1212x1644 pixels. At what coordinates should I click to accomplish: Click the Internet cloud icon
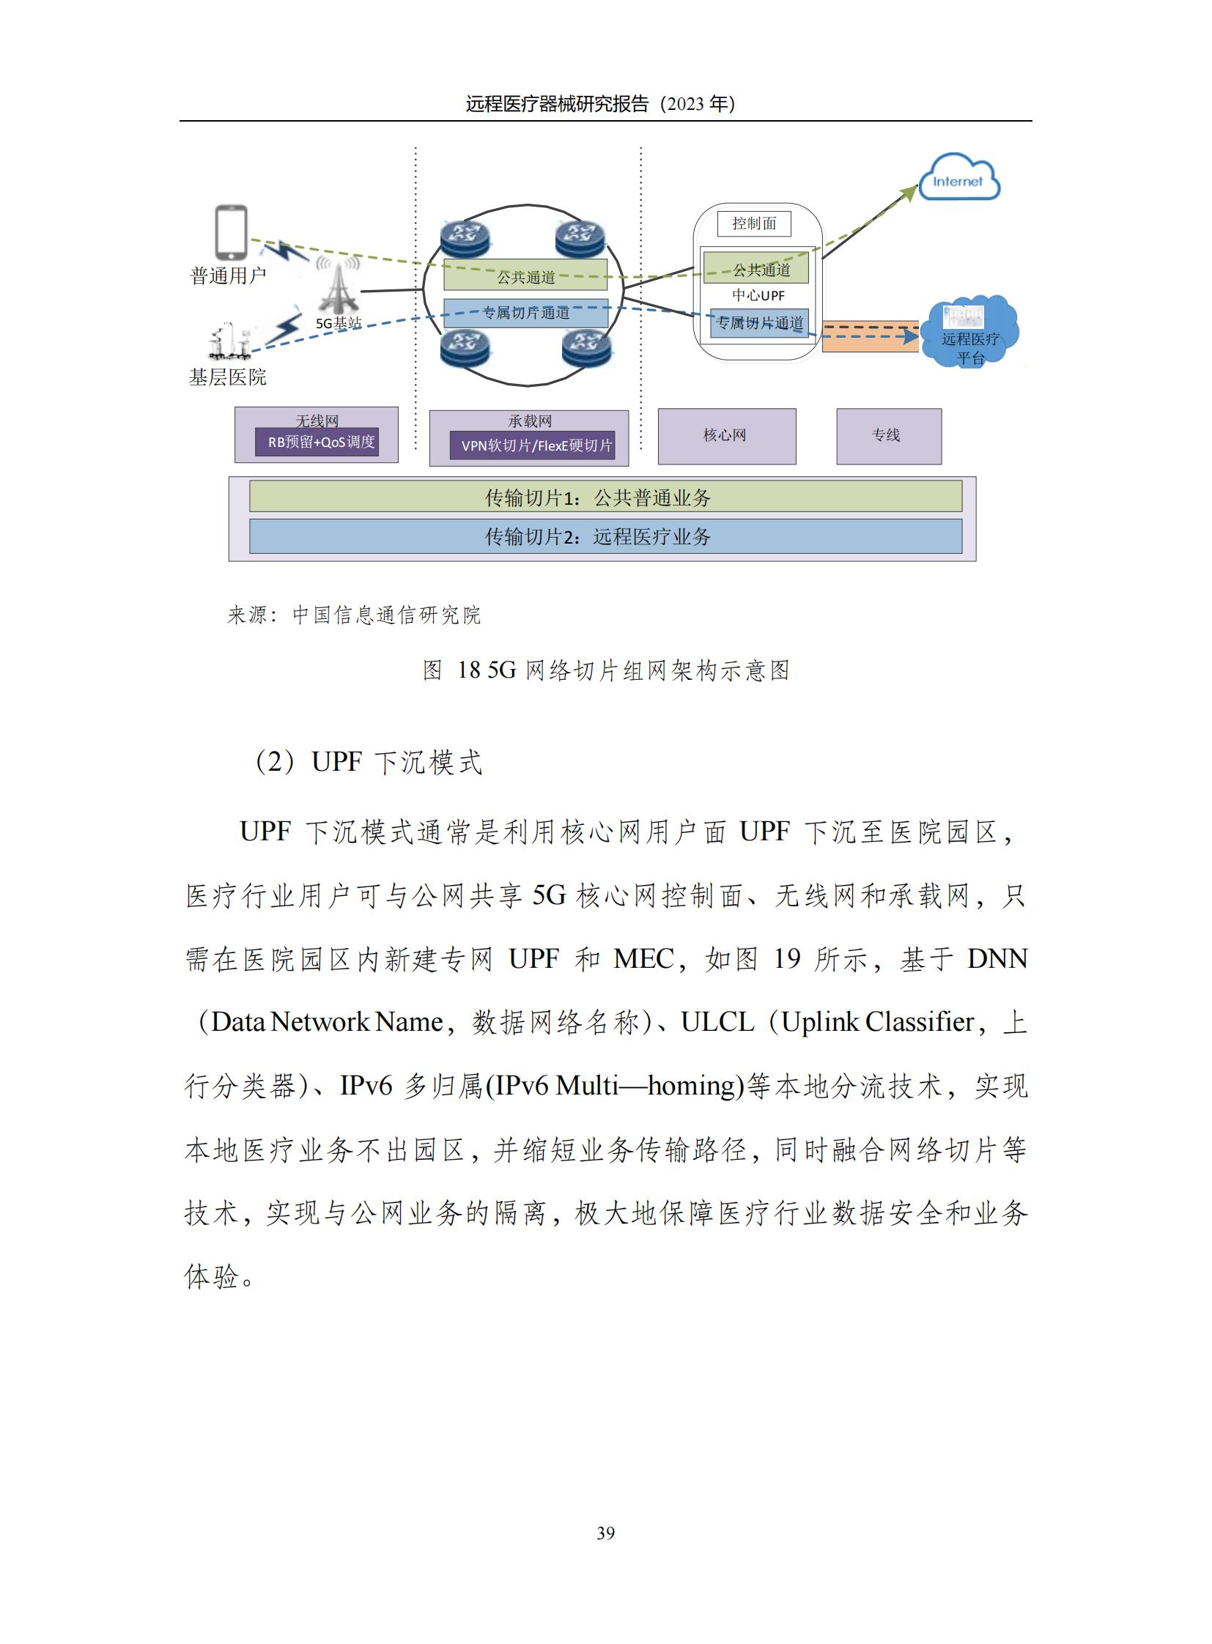(x=959, y=178)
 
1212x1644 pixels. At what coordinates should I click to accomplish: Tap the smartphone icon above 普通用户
(x=230, y=232)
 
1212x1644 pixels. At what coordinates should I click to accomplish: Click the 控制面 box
(x=753, y=223)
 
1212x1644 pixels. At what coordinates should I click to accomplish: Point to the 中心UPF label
(x=758, y=296)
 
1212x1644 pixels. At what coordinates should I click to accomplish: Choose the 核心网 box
(x=725, y=436)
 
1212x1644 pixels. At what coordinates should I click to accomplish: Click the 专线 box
(x=887, y=436)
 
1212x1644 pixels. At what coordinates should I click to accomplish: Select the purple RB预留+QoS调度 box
(x=317, y=443)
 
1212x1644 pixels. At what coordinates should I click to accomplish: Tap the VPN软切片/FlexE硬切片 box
(x=531, y=445)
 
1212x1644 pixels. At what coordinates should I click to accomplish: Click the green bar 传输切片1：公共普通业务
(x=605, y=497)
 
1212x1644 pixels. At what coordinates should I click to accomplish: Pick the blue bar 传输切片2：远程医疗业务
(x=605, y=536)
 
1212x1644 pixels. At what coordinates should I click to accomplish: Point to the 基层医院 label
(x=227, y=377)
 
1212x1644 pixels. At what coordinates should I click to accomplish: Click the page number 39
(x=605, y=1533)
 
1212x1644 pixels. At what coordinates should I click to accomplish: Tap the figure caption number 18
(x=468, y=670)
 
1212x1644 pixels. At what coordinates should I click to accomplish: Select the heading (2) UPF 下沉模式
(x=369, y=762)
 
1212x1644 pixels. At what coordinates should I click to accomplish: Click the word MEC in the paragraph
(x=643, y=959)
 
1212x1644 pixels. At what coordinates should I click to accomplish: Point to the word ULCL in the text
(x=717, y=1022)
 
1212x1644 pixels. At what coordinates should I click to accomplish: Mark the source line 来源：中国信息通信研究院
(x=355, y=615)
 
